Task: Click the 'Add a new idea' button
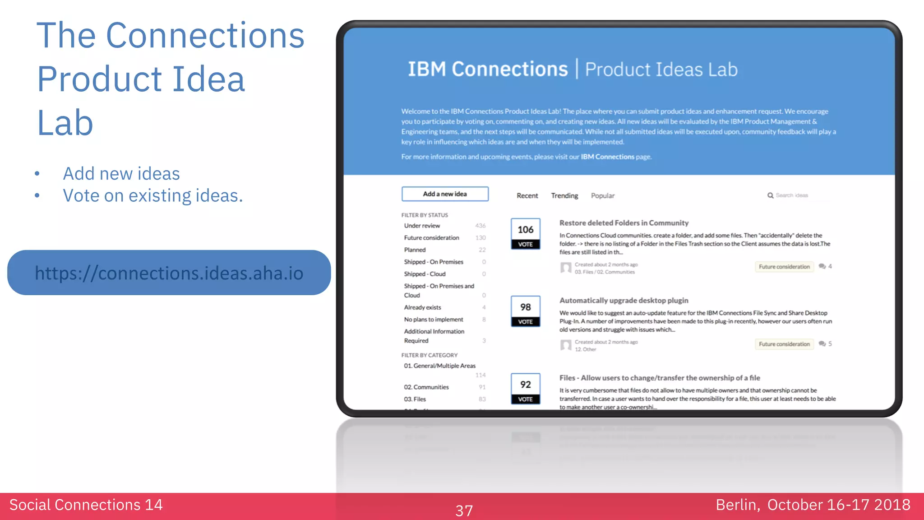[x=445, y=194]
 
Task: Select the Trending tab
[x=564, y=195]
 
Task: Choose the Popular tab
[x=603, y=195]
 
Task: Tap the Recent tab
[x=527, y=195]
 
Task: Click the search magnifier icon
[x=770, y=195]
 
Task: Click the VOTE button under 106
[x=526, y=244]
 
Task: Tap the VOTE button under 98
[x=526, y=322]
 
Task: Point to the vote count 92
[x=526, y=385]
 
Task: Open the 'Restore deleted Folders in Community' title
[x=624, y=223]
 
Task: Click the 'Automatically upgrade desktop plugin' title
[x=624, y=301]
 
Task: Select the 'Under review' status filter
[x=422, y=226]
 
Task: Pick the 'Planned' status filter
[x=415, y=250]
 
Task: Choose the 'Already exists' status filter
[x=422, y=307]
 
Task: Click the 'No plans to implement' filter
[x=434, y=320]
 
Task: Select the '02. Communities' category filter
[x=426, y=387]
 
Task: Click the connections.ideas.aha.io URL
[x=169, y=273]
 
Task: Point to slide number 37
[x=464, y=511]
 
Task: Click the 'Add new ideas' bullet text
[x=121, y=174]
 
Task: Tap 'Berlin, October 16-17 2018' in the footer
[x=813, y=505]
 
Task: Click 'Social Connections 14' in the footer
[x=86, y=505]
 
